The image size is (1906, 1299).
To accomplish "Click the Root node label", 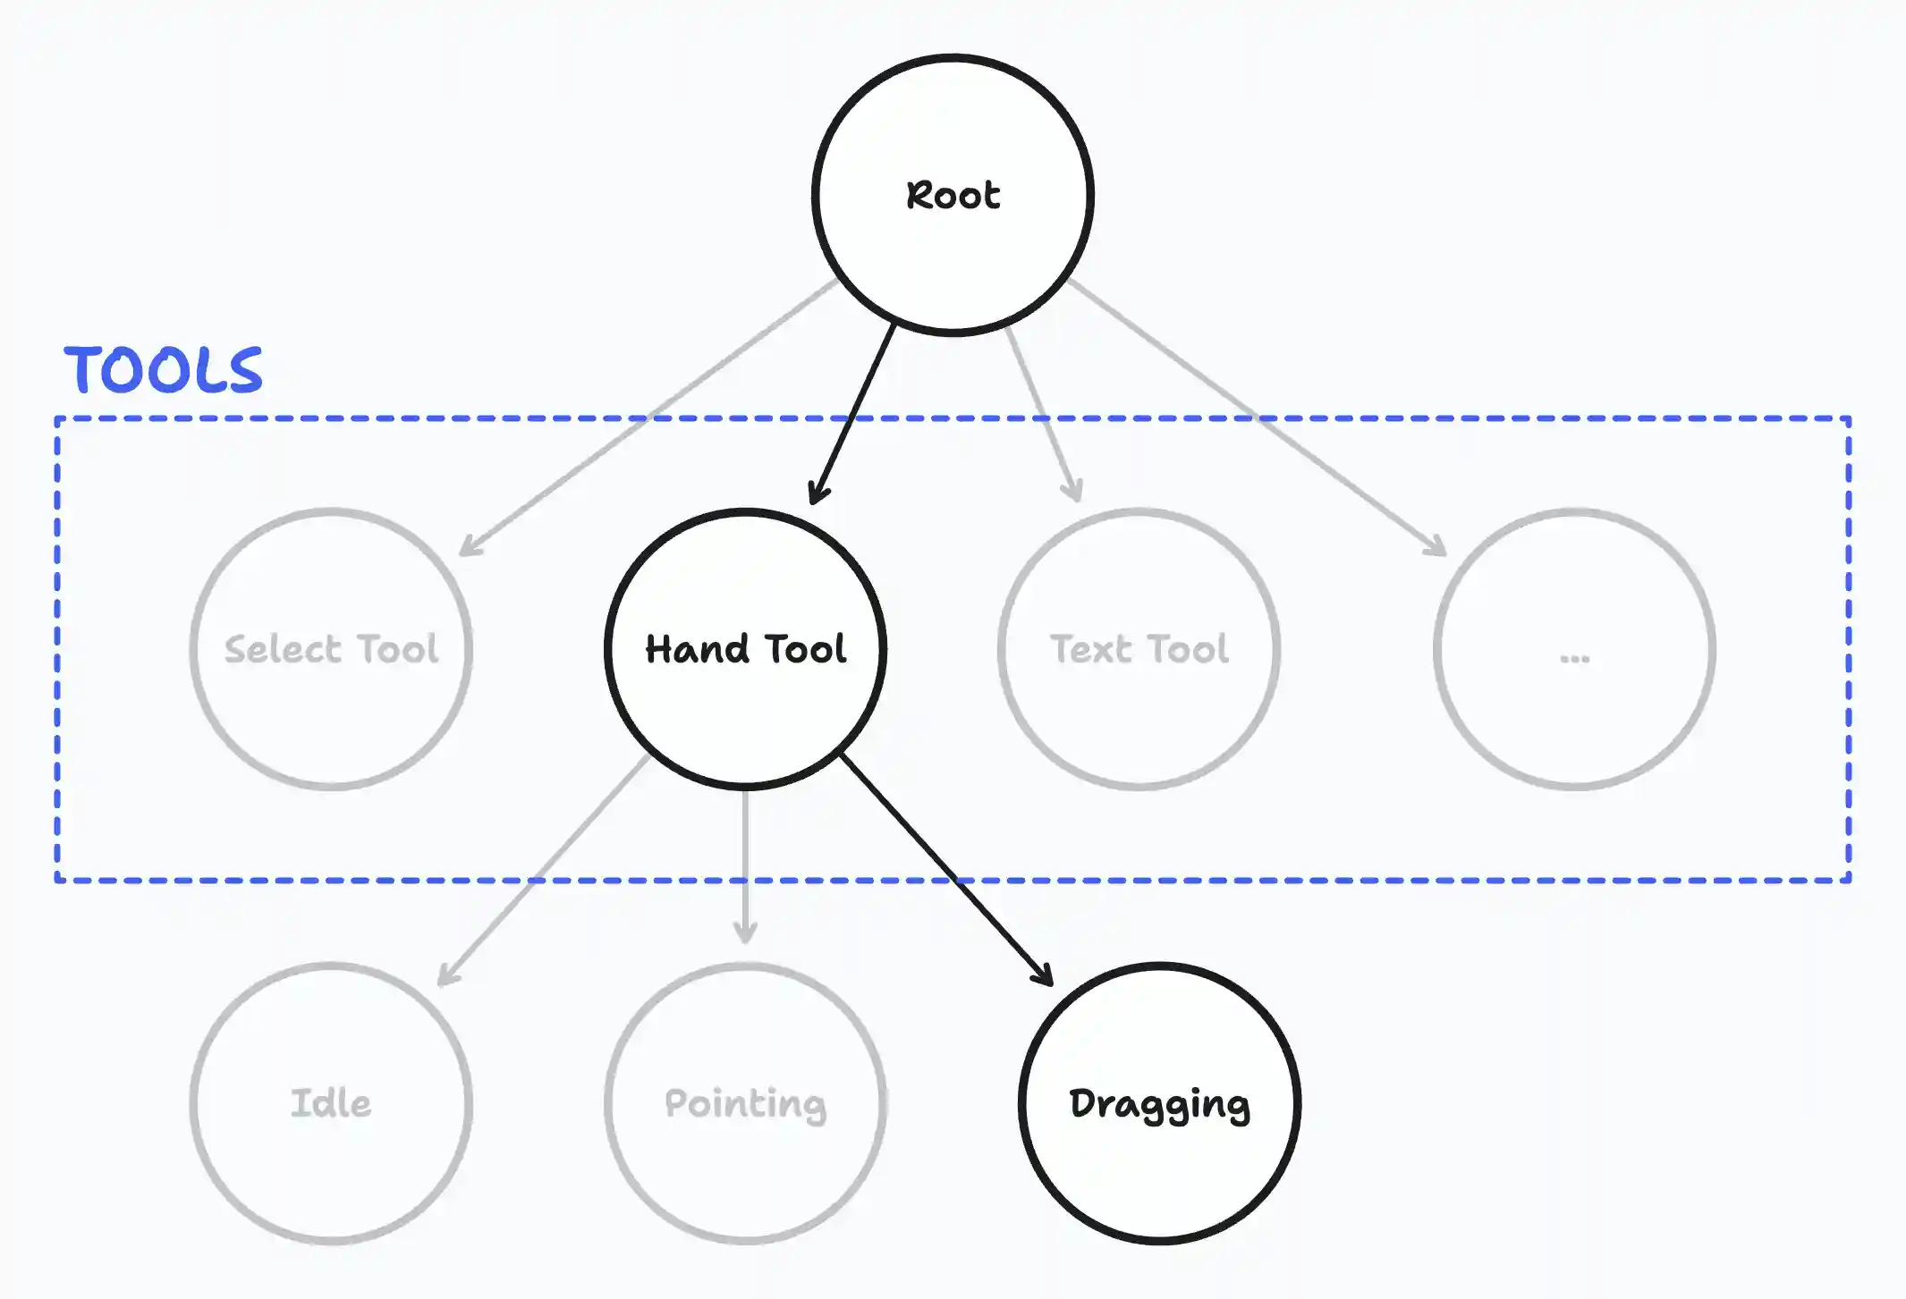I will click(953, 196).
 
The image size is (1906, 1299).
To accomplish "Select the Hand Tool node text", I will click(745, 649).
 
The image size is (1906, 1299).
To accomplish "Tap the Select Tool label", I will click(331, 649).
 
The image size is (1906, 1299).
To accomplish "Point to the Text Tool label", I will click(1139, 649).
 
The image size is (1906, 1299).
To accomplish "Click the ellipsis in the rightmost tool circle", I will click(1574, 659).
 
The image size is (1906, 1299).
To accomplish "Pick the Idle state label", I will click(331, 1103).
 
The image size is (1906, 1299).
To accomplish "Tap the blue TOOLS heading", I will click(163, 370).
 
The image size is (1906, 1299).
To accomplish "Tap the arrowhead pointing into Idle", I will click(446, 977).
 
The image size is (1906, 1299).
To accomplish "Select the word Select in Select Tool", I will click(283, 649).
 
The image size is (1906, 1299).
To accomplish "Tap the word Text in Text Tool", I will click(1090, 649).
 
